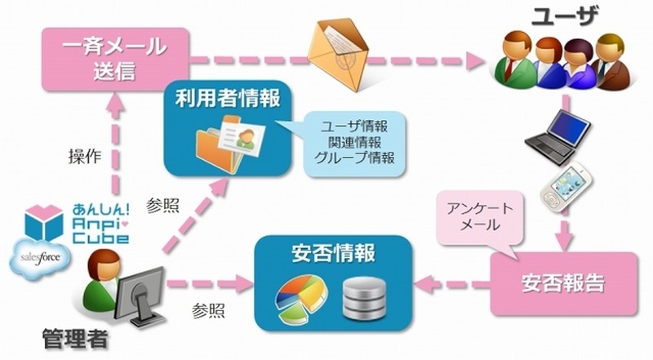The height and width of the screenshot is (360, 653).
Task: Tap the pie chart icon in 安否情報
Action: (x=295, y=297)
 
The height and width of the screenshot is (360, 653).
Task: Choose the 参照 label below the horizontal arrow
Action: (x=210, y=311)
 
